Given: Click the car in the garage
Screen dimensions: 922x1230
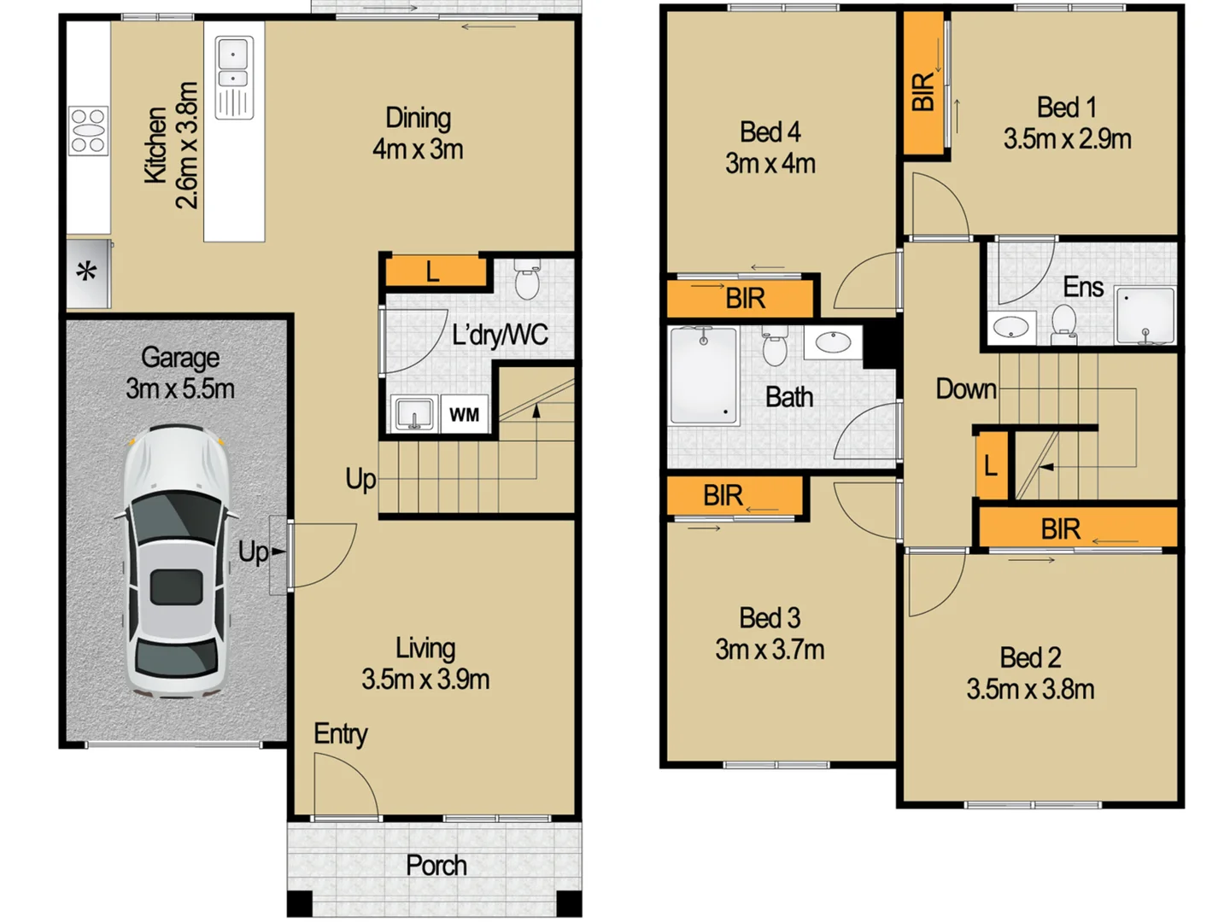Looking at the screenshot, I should (x=177, y=562).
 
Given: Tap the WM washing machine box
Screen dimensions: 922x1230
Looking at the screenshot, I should (x=465, y=415).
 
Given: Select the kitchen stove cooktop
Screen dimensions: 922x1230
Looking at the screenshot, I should (x=88, y=131).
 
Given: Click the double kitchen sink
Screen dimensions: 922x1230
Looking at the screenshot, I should (x=233, y=67).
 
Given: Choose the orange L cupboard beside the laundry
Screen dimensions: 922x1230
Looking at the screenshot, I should (x=434, y=272).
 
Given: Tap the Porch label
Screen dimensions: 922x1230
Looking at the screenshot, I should (x=436, y=866).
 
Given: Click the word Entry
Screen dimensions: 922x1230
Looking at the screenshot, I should (x=340, y=733).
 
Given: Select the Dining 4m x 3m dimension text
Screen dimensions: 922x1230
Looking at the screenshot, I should (x=418, y=149).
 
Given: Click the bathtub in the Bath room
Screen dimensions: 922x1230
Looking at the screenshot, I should (x=703, y=376).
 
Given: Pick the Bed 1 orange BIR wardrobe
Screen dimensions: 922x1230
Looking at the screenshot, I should (x=922, y=84).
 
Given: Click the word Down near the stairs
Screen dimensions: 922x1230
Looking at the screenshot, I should (x=965, y=389).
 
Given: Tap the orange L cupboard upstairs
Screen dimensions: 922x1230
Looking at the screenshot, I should (x=991, y=465).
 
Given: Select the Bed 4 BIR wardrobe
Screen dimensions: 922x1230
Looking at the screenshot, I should (x=741, y=299).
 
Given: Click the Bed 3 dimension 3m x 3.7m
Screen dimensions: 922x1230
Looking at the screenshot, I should (x=770, y=650).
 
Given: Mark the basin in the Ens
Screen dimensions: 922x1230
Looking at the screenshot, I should (x=1011, y=327).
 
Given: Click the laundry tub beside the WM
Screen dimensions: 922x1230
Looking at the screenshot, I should (x=414, y=414).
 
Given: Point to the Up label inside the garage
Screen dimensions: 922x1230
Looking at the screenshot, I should (x=253, y=552).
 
